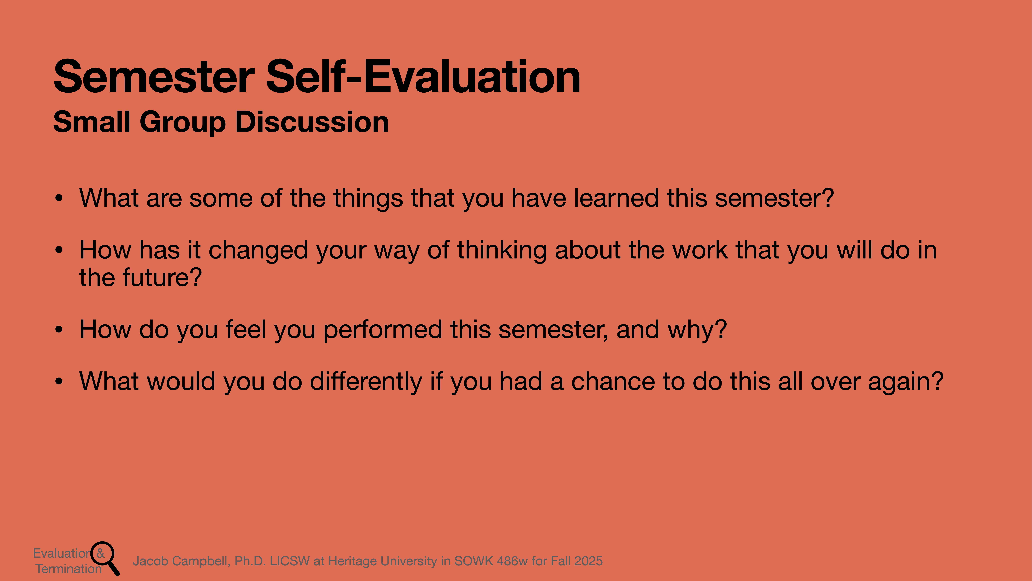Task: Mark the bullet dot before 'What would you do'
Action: [59, 381]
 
